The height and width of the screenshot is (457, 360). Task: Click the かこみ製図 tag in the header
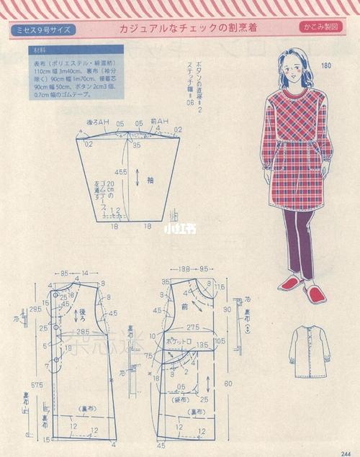click(321, 28)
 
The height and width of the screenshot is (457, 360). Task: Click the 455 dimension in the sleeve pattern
click(121, 172)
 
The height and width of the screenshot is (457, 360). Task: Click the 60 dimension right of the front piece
click(228, 384)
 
